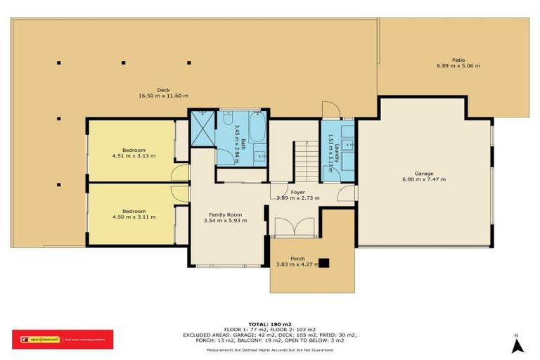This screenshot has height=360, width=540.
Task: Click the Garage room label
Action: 423,173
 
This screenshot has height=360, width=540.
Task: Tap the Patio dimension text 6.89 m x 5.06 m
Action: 458,66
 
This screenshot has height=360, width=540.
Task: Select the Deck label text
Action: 163,89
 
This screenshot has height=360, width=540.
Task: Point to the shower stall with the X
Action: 202,129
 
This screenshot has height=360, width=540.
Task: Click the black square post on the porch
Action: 323,263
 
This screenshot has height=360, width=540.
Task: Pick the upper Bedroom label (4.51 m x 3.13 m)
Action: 134,150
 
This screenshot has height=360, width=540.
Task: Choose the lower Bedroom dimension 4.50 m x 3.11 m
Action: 134,217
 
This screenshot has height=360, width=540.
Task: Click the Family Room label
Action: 225,214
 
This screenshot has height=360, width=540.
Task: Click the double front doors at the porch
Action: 288,227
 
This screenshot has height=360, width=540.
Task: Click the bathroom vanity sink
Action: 259,155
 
